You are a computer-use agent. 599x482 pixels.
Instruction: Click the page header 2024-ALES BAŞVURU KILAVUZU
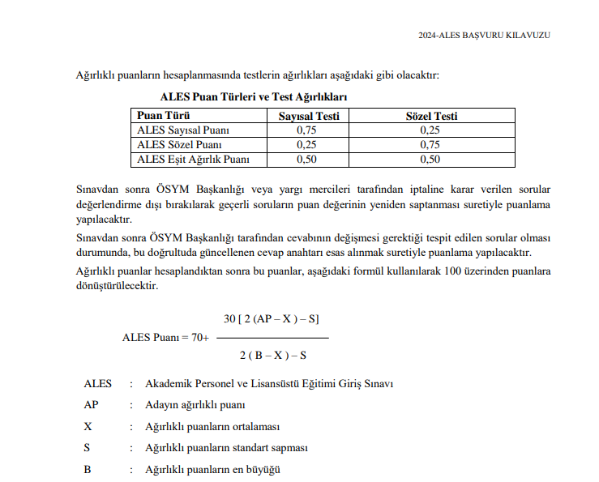[484, 35]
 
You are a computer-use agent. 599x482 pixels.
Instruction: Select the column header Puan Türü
[163, 116]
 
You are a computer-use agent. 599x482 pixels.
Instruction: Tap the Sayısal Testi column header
[308, 116]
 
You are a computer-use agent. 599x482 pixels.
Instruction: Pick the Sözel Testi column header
[431, 116]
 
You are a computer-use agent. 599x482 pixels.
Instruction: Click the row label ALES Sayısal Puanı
[183, 130]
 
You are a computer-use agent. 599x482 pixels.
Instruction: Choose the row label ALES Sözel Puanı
[174, 144]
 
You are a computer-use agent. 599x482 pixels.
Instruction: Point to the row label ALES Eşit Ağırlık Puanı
[194, 159]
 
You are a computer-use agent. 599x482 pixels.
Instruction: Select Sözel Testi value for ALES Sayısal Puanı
[431, 130]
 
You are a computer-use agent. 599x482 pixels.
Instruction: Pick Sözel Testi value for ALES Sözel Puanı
[431, 144]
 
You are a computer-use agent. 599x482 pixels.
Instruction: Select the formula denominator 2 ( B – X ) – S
[272, 356]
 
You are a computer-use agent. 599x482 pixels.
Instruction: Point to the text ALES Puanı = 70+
[165, 337]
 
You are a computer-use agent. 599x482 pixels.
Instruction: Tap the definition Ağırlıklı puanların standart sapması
[226, 447]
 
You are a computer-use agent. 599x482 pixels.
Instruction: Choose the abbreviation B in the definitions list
[87, 469]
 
